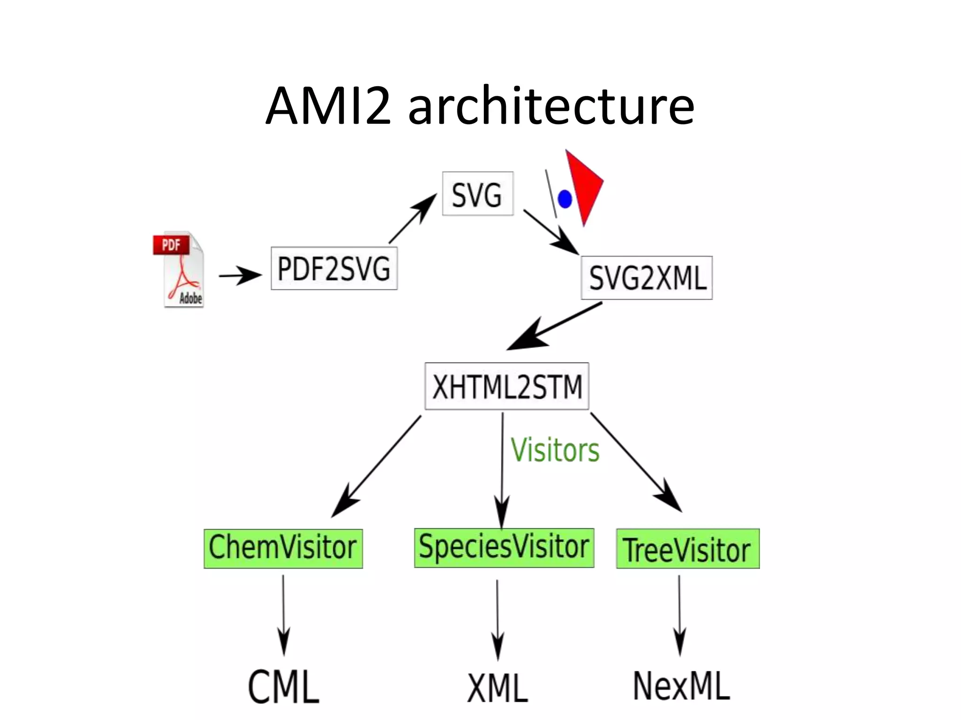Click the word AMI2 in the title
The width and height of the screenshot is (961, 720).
(x=328, y=107)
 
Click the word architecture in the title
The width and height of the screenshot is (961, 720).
(x=551, y=107)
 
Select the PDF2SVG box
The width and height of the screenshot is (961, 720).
(x=334, y=269)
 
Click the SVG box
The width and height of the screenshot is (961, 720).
(x=478, y=194)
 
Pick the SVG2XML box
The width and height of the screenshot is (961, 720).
(x=647, y=278)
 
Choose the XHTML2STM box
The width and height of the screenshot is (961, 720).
(x=507, y=387)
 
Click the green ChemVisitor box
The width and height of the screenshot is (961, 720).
(x=283, y=548)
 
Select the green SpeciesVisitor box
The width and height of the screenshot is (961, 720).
(x=504, y=547)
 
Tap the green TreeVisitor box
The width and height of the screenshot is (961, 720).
(x=687, y=549)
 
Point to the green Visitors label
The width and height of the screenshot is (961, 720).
(x=555, y=450)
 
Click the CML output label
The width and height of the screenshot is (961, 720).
(x=283, y=687)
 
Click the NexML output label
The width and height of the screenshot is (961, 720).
(x=681, y=686)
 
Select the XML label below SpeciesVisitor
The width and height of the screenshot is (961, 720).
(x=498, y=688)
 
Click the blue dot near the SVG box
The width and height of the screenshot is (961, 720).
(x=565, y=199)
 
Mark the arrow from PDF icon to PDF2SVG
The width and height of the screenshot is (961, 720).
(x=240, y=275)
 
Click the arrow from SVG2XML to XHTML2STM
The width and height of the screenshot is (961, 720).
(x=554, y=326)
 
